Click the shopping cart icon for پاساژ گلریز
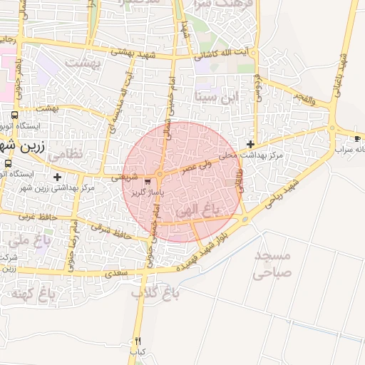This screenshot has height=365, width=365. pos(148,181)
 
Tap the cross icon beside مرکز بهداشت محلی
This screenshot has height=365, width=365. pos(250,144)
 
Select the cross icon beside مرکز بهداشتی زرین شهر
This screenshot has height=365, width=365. pos(57,177)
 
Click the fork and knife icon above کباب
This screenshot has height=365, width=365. pos(138,341)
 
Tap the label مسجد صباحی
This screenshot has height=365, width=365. pos(272,262)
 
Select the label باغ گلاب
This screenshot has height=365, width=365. pos(155,292)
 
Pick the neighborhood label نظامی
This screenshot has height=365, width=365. pos(68,153)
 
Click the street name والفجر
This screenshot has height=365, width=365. pos(302,99)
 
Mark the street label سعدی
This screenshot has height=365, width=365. pos(115,273)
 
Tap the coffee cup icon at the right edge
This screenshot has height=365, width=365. pos(357,138)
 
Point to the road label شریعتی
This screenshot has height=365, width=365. pos(125,178)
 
